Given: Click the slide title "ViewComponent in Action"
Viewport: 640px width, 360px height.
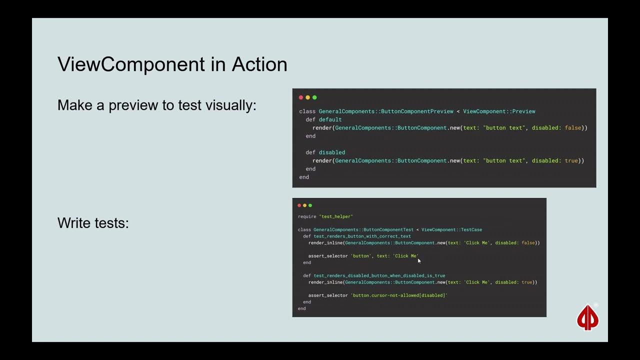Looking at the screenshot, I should coord(172,64).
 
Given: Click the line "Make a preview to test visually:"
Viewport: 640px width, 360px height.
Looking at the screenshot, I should coord(156,105).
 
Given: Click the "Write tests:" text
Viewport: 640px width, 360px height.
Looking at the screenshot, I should coord(93,222).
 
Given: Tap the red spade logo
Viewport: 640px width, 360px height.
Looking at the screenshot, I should coord(587,318).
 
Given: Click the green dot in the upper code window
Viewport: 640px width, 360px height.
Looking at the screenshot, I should coord(314,97).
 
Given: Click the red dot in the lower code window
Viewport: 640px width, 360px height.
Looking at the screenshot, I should coord(299,205).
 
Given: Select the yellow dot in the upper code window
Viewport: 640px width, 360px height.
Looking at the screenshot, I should coord(307,97).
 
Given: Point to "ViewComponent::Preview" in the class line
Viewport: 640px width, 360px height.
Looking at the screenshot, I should coord(499,111).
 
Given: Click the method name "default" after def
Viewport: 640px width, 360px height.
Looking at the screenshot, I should coord(330,119).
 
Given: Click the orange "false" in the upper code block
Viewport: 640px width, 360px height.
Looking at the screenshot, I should coord(573,128).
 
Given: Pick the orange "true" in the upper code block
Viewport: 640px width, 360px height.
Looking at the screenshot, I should coord(571,160).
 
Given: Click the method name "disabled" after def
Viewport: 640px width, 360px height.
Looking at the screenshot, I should coord(331,152).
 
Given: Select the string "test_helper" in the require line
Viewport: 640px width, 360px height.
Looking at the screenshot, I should coord(336,216).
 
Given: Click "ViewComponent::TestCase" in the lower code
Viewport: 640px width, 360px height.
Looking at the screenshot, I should coord(451,229).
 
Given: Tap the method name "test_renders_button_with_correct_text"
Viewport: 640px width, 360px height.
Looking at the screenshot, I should coord(362,236).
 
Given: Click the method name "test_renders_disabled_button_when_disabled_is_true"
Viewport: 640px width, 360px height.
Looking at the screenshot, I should coord(379,275).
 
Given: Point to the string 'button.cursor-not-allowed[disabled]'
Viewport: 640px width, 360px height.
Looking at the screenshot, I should coord(399,295).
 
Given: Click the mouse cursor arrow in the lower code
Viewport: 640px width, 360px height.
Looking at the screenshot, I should coord(419,260).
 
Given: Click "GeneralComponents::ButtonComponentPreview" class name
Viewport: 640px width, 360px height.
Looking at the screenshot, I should coord(386,111).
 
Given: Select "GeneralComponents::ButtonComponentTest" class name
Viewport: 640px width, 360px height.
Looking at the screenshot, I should coord(363,229).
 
